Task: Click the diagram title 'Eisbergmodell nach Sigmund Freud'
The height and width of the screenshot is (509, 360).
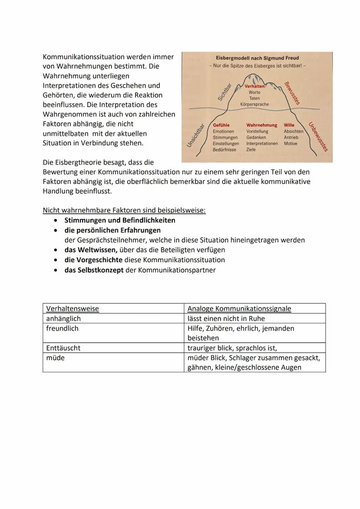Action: [x=257, y=58]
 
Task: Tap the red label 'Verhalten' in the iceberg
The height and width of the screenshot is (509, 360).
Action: [x=255, y=86]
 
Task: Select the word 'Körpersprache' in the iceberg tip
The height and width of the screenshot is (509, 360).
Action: [x=254, y=104]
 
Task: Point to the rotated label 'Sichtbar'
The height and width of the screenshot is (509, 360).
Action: [x=224, y=91]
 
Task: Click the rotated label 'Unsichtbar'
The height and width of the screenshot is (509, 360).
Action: [x=196, y=136]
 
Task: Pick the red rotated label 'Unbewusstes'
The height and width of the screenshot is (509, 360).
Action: [x=318, y=136]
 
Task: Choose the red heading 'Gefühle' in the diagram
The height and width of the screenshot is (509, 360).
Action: [x=221, y=125]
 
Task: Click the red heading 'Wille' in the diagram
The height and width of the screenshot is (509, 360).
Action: [x=289, y=125]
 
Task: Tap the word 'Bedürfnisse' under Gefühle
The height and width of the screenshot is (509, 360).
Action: [x=224, y=150]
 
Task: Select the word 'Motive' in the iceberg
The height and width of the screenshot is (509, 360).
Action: [x=291, y=143]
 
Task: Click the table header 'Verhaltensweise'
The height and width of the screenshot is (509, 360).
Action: [x=73, y=309]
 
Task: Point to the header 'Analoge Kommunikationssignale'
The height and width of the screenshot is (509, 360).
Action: [x=239, y=309]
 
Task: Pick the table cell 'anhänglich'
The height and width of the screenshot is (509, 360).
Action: [x=63, y=319]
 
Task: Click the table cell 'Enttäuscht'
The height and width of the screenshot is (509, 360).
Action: [x=63, y=348]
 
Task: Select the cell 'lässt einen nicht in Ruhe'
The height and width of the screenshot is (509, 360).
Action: [x=226, y=319]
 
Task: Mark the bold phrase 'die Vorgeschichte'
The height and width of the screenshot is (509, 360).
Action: [x=93, y=260]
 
